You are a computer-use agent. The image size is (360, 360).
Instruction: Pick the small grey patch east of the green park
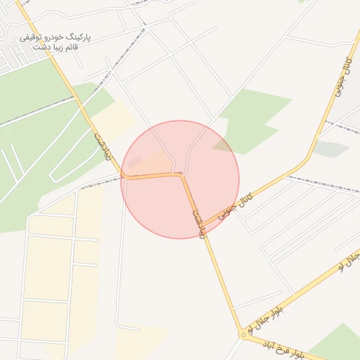click(x=330, y=149)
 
